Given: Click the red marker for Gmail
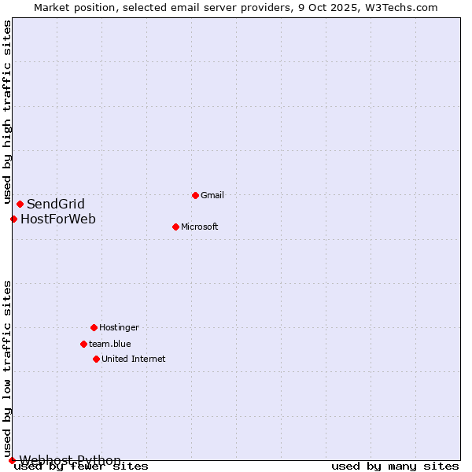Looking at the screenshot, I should (x=195, y=195).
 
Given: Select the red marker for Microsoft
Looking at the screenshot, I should (x=175, y=227).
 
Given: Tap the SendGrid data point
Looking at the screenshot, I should (x=20, y=205).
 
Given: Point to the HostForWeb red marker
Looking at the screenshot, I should (x=13, y=219).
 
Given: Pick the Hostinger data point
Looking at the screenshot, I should (x=94, y=327).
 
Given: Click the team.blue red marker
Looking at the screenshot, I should (x=83, y=344).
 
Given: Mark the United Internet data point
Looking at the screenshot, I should (x=96, y=359).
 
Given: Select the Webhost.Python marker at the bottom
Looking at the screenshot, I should (x=12, y=460).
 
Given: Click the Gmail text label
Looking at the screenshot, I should (x=212, y=195).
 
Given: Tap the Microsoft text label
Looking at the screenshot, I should (x=199, y=227).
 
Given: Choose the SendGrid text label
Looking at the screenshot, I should (x=56, y=205).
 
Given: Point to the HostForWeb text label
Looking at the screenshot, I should (x=58, y=219).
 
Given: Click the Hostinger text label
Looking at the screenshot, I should (x=119, y=327).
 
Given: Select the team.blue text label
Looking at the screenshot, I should (x=110, y=344).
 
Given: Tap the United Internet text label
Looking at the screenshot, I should (x=134, y=359).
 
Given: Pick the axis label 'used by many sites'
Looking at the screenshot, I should (x=395, y=466).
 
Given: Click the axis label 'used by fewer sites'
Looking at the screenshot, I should (x=81, y=466).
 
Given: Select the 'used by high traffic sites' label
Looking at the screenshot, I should (x=8, y=112).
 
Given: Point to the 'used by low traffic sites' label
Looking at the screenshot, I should (x=8, y=368).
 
